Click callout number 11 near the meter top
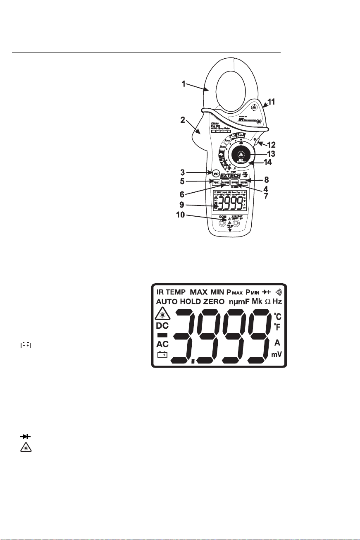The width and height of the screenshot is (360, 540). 272,101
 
